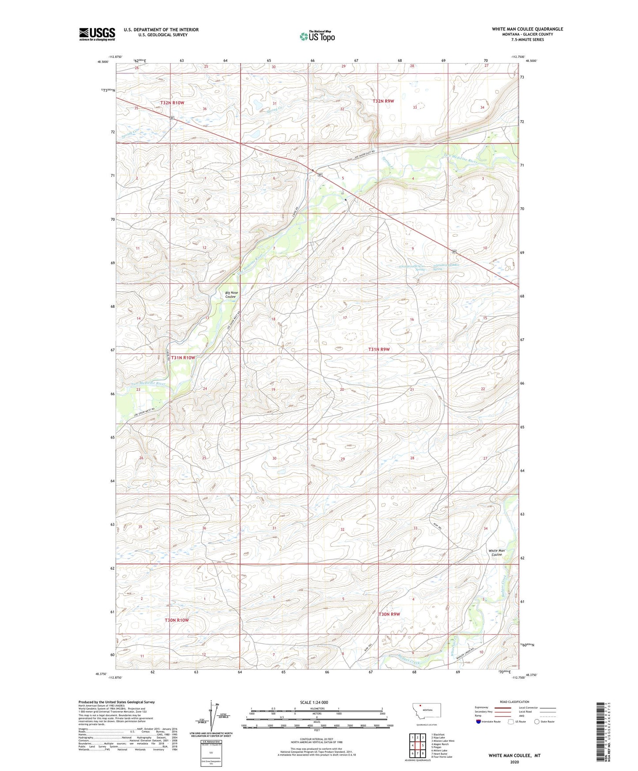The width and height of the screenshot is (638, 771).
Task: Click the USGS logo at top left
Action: click(97, 34)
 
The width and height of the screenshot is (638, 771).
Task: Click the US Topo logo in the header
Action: click(317, 36)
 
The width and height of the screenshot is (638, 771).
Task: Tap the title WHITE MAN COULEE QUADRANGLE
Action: click(527, 29)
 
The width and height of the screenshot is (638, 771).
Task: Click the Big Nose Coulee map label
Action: click(231, 295)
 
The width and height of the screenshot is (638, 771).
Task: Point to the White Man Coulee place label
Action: click(496, 552)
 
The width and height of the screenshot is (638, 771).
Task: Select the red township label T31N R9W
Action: click(379, 349)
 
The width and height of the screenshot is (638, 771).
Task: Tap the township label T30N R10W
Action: click(177, 620)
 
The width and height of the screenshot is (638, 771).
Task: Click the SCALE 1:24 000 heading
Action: click(314, 702)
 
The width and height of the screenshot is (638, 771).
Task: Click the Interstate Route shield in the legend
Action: click(479, 722)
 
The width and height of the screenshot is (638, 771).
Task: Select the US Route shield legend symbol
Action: click(512, 722)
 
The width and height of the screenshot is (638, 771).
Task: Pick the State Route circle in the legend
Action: click(537, 722)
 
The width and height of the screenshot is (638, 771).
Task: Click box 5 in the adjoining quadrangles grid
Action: click(423, 745)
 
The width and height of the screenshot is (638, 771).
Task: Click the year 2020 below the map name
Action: click(514, 762)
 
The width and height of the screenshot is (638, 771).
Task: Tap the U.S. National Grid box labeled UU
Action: click(211, 752)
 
